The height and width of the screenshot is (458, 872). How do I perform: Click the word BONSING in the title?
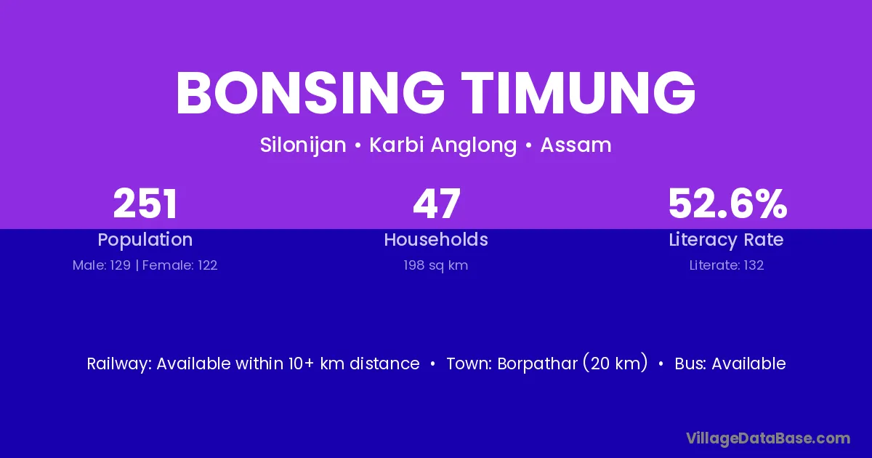click(311, 93)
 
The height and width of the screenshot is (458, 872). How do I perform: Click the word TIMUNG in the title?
click(578, 93)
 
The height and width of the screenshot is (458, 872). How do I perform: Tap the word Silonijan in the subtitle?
click(303, 145)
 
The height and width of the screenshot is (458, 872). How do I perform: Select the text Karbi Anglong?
click(443, 145)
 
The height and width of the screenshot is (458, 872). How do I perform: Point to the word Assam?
click(576, 145)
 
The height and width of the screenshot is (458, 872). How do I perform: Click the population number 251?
click(145, 204)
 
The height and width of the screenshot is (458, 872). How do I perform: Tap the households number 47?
click(437, 204)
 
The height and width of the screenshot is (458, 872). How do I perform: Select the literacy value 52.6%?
click(727, 204)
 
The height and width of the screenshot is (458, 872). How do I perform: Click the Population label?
click(145, 240)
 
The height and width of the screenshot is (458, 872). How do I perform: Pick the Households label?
click(436, 239)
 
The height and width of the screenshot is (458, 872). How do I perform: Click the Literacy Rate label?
click(726, 240)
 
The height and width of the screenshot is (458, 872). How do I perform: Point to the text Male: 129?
click(102, 265)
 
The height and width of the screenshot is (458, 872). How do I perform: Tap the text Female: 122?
click(180, 265)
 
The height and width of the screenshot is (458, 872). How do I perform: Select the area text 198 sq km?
click(436, 265)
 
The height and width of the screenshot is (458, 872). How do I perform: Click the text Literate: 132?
click(727, 265)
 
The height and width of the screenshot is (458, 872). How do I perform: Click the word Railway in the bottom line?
click(118, 364)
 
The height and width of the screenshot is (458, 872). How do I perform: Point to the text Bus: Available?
click(730, 363)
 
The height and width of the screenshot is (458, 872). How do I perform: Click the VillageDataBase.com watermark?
click(768, 438)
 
